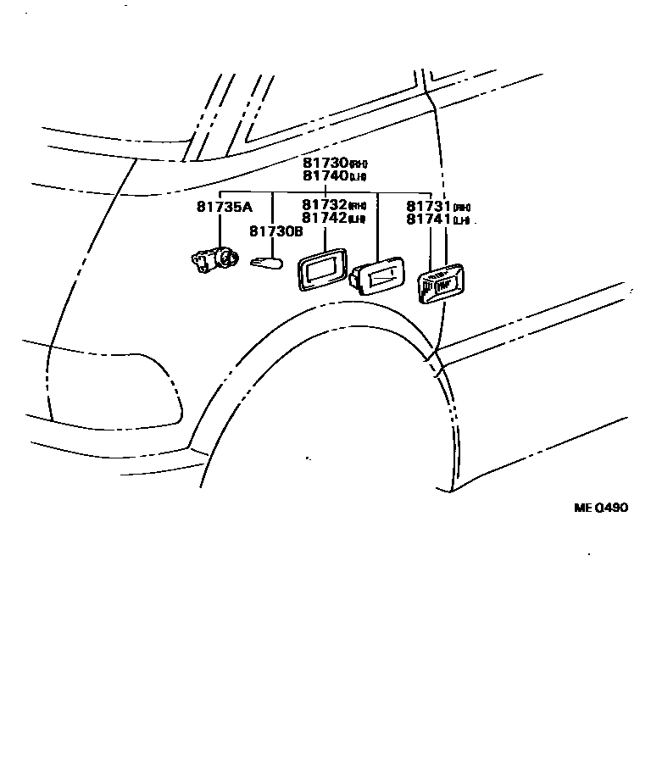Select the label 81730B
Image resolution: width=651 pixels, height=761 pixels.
[x=275, y=231]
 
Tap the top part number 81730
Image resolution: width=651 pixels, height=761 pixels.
[x=325, y=163]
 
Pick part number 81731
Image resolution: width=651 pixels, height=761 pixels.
[x=429, y=207]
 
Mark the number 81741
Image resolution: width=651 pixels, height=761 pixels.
[x=429, y=220]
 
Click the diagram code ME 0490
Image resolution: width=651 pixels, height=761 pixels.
[x=600, y=508]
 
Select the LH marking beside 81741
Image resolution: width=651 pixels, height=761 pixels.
[x=461, y=221]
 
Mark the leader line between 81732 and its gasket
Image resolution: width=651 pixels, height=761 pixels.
[x=325, y=236]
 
